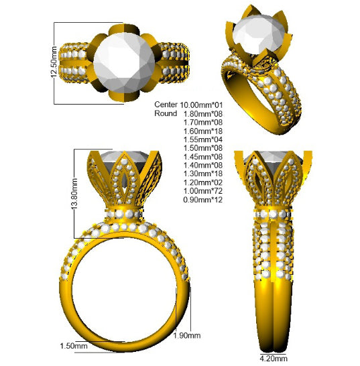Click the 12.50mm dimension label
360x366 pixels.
point(54,62)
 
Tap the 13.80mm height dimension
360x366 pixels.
point(74,194)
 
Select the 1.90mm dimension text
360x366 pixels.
point(187,336)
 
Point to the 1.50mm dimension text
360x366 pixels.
point(74,346)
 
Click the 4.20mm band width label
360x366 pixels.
point(274,358)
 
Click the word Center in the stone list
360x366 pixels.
point(166,105)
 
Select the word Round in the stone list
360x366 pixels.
point(166,113)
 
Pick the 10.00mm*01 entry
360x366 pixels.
point(201,105)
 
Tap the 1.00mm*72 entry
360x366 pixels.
point(203,191)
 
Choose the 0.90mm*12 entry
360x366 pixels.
point(203,200)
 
